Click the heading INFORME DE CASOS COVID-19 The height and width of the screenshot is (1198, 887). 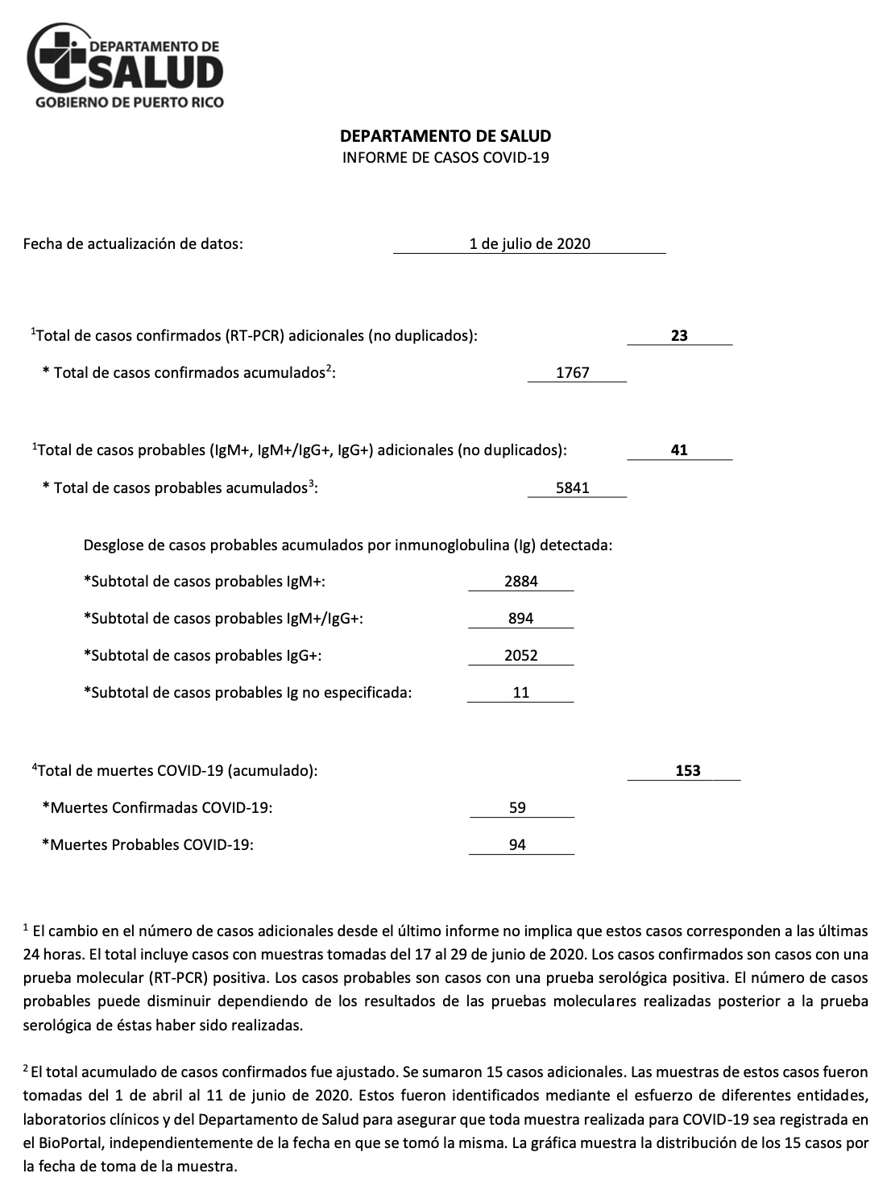[446, 158]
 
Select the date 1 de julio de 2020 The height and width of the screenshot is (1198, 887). [529, 243]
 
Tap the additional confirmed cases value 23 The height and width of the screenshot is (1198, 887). [679, 336]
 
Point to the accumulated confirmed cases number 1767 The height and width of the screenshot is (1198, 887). [573, 373]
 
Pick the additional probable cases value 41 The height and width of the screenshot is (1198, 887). [679, 450]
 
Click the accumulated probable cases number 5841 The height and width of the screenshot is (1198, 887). [573, 487]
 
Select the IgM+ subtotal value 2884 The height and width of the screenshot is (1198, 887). [521, 581]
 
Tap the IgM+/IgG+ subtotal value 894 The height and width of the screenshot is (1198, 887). [521, 618]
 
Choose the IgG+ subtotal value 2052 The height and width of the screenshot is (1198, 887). [521, 655]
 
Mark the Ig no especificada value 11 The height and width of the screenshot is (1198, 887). [521, 692]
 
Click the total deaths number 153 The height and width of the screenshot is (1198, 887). [688, 770]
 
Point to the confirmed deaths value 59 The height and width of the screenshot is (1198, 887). [518, 807]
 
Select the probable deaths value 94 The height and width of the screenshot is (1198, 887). [518, 845]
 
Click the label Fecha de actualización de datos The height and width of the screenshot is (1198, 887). [133, 243]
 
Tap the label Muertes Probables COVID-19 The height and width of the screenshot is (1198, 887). [147, 845]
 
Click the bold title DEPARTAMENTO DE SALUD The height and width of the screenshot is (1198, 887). [446, 136]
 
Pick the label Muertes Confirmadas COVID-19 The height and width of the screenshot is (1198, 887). [157, 807]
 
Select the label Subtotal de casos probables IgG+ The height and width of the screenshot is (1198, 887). [203, 655]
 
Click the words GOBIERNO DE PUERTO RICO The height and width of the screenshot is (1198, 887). [130, 102]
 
